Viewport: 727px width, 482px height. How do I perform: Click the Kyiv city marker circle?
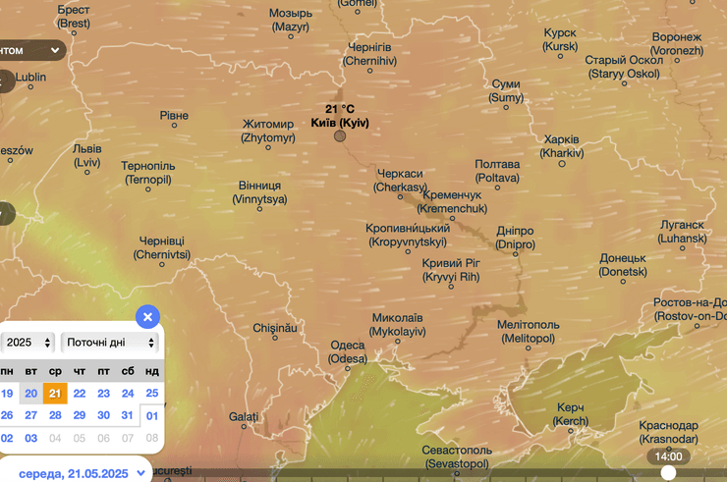340,135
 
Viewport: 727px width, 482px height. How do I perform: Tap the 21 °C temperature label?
339,109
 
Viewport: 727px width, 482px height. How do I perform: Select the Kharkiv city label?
561,146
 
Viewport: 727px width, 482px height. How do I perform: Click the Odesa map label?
347,351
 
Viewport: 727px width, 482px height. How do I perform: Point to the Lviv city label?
86,156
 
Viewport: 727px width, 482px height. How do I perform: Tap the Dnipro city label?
515,237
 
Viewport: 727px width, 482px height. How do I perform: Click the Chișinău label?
274,328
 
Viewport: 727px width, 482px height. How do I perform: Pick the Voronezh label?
677,43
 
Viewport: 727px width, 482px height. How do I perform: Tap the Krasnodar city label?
667,432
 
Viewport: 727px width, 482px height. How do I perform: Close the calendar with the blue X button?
146,317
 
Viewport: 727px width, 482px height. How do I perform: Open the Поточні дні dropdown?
109,343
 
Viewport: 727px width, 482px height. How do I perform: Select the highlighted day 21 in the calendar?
55,393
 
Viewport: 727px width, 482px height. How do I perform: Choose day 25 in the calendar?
151,393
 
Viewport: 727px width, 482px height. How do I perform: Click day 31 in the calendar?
128,415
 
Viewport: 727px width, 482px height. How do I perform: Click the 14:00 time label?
668,456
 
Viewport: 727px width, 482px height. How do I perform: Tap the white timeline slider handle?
668,473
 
